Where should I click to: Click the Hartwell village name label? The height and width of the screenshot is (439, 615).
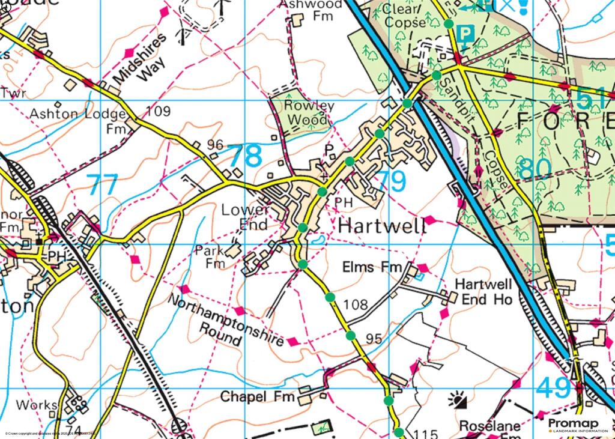[x=383, y=226]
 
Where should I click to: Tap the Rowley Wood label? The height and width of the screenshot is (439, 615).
[x=310, y=112]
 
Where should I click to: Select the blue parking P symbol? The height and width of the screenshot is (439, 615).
[x=466, y=34]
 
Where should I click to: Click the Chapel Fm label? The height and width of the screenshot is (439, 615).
[x=259, y=397]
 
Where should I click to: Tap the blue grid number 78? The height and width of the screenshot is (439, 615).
[x=246, y=156]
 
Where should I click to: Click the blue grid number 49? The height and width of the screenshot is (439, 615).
[x=554, y=388]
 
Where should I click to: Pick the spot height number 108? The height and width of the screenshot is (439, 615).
[x=356, y=304]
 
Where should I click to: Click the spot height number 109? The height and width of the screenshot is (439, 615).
[x=158, y=111]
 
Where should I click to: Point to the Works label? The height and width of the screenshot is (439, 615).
[x=37, y=405]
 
